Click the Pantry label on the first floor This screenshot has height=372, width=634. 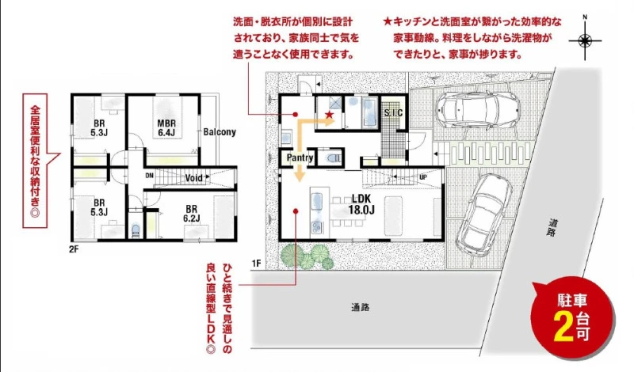(300, 158)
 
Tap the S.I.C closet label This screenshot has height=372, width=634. (393, 112)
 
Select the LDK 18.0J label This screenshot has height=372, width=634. (361, 204)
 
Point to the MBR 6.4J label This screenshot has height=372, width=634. (166, 127)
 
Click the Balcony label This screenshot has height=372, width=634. (220, 132)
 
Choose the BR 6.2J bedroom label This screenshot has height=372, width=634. (191, 214)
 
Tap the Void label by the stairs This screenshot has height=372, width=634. (193, 178)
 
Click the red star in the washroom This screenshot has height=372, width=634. (330, 115)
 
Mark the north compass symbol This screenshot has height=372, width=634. (585, 40)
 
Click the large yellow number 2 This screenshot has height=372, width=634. (563, 326)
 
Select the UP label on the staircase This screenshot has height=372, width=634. (423, 177)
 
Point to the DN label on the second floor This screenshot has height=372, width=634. (149, 176)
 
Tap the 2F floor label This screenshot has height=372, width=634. (74, 249)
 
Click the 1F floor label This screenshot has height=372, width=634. (256, 264)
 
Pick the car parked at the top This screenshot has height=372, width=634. (478, 109)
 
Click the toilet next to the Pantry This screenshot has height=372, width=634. (332, 158)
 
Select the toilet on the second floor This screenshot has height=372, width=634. (136, 230)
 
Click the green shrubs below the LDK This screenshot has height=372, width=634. (307, 256)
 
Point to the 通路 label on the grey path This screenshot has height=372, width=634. (360, 307)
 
